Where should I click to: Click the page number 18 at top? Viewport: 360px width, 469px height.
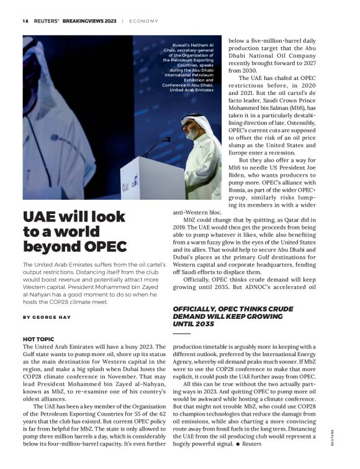coord(25,20)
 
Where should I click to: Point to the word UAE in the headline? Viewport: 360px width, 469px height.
coord(40,217)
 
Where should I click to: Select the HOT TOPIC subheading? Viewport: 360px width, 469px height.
coord(37,339)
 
